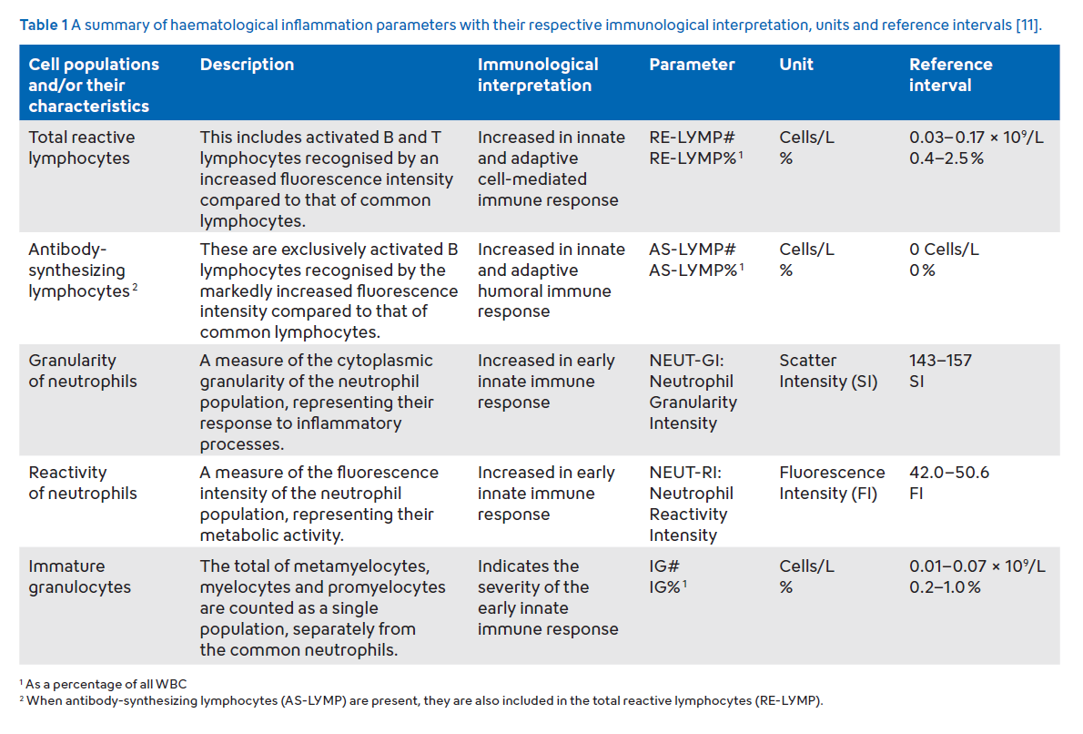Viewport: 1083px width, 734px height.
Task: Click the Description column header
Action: coord(247,65)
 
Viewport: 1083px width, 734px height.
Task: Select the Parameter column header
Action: coord(692,65)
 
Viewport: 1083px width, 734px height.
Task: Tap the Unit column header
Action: coord(795,65)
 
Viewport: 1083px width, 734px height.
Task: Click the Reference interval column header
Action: coord(950,75)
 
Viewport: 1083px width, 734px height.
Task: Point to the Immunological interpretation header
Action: coord(537,75)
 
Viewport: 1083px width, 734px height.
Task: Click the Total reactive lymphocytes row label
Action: coord(82,148)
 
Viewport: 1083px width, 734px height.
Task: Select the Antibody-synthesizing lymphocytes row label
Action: coord(82,270)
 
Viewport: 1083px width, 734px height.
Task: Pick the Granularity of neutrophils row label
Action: coord(83,371)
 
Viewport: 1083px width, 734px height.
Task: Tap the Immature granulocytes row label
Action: coord(79,576)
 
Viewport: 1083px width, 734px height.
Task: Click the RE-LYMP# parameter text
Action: coord(692,137)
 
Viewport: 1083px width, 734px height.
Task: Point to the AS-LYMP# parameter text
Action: coord(692,249)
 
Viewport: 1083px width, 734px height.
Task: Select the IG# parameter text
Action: coord(663,566)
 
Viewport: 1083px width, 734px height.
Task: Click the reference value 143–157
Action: coord(940,360)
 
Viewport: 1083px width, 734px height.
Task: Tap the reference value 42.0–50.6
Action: coord(949,472)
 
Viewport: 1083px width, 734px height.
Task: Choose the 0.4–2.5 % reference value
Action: coord(946,158)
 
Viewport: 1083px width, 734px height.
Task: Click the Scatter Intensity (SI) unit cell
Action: coord(828,371)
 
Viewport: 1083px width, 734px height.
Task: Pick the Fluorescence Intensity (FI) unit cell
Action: coord(832,483)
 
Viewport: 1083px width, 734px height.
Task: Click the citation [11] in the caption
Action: coord(1027,25)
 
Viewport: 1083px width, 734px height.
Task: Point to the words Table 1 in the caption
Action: coord(44,25)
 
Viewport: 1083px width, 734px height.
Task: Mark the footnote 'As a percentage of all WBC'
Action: coord(106,684)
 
